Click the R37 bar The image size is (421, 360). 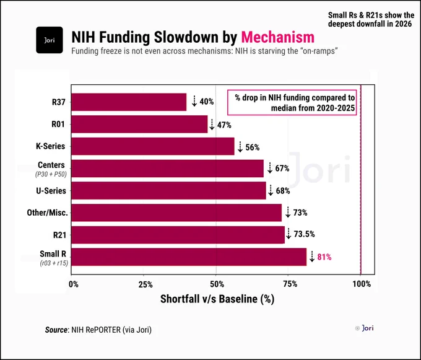[x=129, y=102]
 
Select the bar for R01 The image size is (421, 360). [x=139, y=124]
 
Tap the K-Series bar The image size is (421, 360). [x=153, y=146]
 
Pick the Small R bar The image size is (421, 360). [x=189, y=257]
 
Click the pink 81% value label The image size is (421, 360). [x=324, y=257]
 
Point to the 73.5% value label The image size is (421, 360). [x=304, y=234]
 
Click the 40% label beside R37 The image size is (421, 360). [x=207, y=102]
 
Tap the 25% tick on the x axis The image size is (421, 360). [x=145, y=284]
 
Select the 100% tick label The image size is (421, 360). [x=362, y=284]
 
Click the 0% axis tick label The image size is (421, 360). [x=74, y=284]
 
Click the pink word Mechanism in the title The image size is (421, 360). [x=277, y=37]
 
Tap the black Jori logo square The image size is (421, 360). [x=50, y=40]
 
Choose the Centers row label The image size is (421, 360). [x=51, y=165]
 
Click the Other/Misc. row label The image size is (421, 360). [x=47, y=213]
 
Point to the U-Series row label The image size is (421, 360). [x=51, y=191]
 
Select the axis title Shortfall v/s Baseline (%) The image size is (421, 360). [x=217, y=299]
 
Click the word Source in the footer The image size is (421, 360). [x=56, y=330]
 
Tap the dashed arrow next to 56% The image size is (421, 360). [x=240, y=147]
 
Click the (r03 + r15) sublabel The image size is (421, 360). [x=54, y=263]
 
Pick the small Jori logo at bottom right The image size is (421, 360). [x=364, y=328]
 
